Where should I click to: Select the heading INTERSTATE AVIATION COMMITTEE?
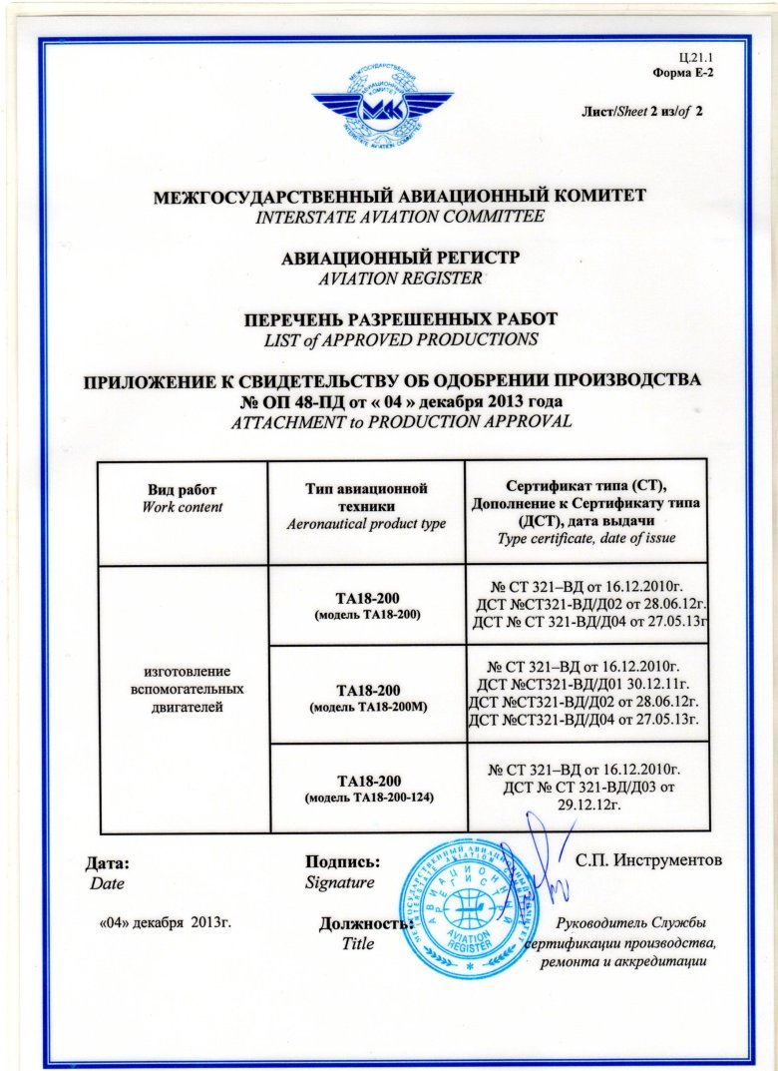tap(388, 216)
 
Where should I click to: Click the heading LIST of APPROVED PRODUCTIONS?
tap(388, 339)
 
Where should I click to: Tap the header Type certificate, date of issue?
tap(586, 538)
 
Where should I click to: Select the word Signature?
tap(339, 882)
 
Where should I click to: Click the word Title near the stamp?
tap(356, 943)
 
